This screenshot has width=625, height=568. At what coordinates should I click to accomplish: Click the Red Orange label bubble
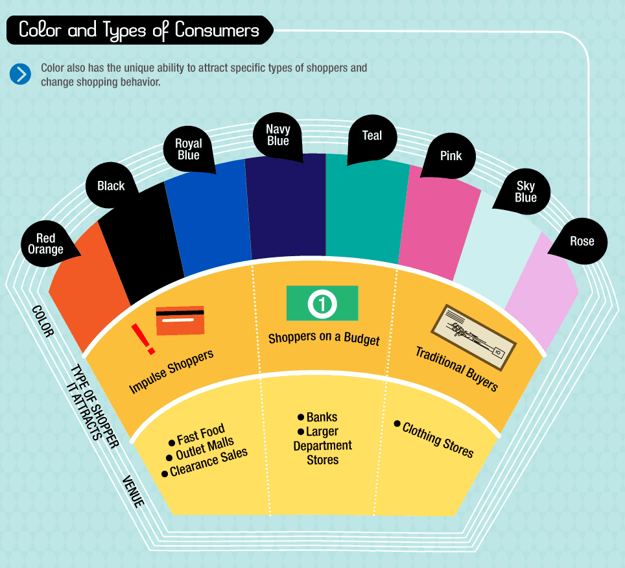tap(46, 244)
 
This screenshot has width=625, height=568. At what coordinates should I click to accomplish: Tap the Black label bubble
tap(111, 186)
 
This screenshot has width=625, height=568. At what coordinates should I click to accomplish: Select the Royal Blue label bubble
tap(189, 150)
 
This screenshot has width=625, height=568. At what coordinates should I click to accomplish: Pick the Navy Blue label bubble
tap(277, 136)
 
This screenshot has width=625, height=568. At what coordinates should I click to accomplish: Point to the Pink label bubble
tap(451, 156)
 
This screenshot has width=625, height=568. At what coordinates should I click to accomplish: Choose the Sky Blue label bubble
tap(525, 192)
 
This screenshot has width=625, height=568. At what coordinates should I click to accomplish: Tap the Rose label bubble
tap(581, 242)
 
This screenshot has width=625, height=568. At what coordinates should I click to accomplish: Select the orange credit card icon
tap(180, 320)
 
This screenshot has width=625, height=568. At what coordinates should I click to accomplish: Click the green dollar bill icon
tap(322, 303)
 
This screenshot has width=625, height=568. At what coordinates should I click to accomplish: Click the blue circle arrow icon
tap(20, 74)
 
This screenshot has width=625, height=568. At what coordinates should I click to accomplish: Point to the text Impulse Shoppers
tap(171, 372)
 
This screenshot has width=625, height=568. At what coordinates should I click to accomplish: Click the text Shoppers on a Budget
tap(324, 338)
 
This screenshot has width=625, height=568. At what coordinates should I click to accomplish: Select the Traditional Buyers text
tap(456, 368)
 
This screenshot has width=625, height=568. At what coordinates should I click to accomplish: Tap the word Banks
tap(322, 417)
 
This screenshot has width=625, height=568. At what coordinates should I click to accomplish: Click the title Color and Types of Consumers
tap(139, 30)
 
